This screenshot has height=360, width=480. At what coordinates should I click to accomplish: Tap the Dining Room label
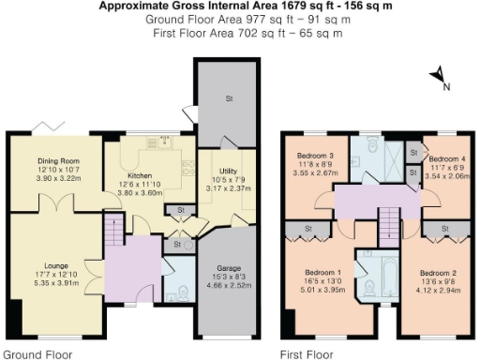(x=56, y=160)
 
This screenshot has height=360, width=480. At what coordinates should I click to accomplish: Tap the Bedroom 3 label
(x=316, y=157)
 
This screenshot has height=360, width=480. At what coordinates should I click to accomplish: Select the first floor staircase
(x=387, y=223)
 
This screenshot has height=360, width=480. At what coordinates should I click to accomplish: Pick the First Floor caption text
(x=307, y=354)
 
